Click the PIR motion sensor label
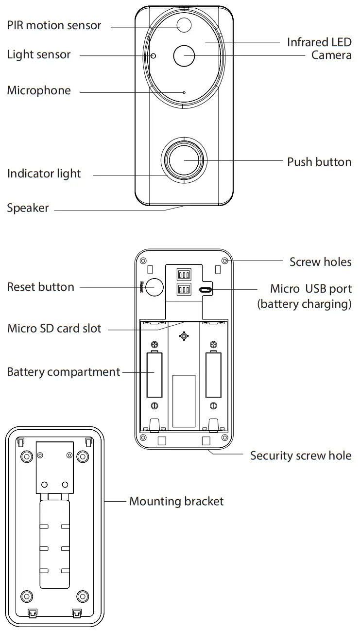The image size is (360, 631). point(54,25)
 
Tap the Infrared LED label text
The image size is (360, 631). point(319,42)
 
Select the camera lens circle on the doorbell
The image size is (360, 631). point(184,55)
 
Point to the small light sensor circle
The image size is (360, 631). point(153,55)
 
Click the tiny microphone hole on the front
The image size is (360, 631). point(184,92)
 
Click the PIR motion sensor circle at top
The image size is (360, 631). point(184,25)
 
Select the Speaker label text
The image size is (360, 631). point(28,208)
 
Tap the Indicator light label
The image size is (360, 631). point(44,174)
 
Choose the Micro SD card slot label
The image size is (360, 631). point(54,328)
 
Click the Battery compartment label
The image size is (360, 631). point(63,372)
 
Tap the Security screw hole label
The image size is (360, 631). point(300,456)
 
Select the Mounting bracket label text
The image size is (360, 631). point(176,501)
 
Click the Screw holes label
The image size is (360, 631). point(320,262)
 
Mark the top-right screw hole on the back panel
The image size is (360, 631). point(225,260)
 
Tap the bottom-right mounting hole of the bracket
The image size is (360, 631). point(83,596)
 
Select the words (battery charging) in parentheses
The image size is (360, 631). point(304,304)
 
